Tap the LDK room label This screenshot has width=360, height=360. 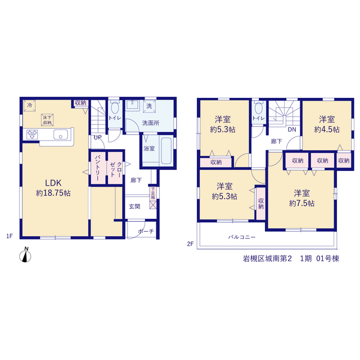point(53,183)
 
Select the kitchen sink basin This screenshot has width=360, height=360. point(61,134)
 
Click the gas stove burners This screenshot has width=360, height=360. point(32,134)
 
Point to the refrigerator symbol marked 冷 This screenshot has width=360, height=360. point(30,106)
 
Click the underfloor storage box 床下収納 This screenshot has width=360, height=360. point(47,120)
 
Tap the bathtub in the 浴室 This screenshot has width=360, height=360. point(166,151)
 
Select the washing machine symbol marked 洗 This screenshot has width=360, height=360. point(149,106)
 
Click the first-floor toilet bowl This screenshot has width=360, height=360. point(115,107)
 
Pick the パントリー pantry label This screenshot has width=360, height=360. point(98,168)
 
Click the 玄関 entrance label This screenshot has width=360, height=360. point(134,206)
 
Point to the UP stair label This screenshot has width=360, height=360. point(97,137)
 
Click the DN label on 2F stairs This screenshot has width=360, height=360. point(292,129)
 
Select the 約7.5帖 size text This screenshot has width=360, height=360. point(301,203)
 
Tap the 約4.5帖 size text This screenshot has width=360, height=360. point(327,129)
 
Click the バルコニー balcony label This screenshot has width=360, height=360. point(242,237)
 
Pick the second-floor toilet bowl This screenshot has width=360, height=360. point(259,108)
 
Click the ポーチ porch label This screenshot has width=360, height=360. point(146,231)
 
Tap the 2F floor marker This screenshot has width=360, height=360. point(190,244)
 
